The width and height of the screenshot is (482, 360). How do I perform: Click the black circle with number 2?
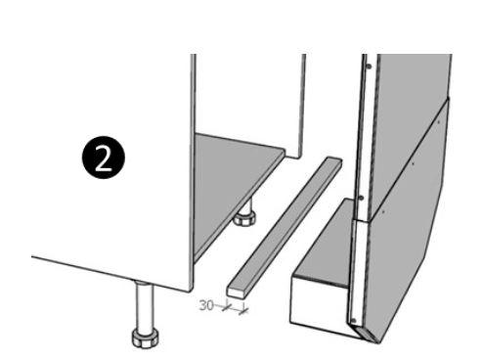pos(104,157)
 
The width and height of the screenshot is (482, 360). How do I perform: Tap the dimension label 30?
pos(206,305)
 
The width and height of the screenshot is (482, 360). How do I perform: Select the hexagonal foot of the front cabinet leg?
pos(146,337)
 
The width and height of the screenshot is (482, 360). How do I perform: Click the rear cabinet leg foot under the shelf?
pos(244,218)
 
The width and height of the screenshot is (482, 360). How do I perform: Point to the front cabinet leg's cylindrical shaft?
pos(145,306)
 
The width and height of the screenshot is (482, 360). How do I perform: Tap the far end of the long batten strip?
pos(334,161)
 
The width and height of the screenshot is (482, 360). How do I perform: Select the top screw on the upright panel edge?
pos(369,67)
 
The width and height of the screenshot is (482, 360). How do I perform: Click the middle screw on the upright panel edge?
pos(361,198)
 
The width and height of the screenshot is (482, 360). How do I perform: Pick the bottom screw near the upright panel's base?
pos(354,321)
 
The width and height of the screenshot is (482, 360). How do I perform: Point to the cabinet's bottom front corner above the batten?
pos(192,289)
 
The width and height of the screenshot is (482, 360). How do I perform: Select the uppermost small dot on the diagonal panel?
pos(439,122)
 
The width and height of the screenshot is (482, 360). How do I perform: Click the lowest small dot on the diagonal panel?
pos(383,212)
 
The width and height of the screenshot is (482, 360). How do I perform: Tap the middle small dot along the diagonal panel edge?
pos(413,164)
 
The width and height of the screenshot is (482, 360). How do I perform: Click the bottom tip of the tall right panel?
pos(378,342)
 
